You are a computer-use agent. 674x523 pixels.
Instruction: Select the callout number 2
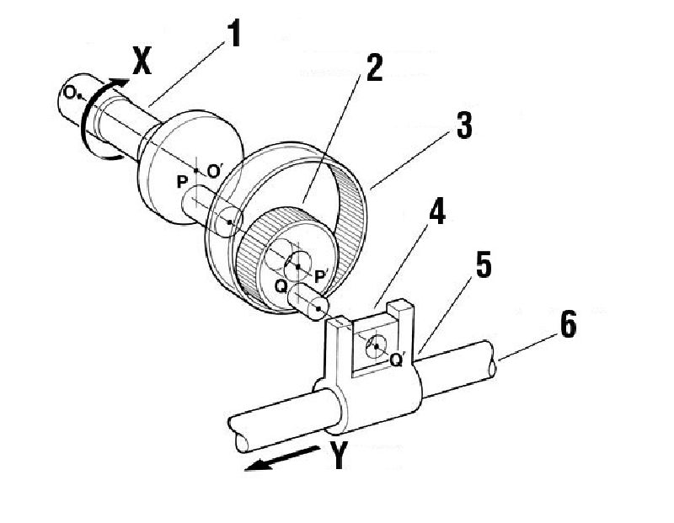pyautogui.click(x=374, y=67)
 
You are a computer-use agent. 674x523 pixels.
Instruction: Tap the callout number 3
pyautogui.click(x=464, y=125)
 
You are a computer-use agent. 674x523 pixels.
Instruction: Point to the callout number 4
pyautogui.click(x=436, y=211)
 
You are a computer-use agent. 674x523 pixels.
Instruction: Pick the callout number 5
pyautogui.click(x=484, y=265)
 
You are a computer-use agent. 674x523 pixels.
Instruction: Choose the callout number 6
pyautogui.click(x=568, y=324)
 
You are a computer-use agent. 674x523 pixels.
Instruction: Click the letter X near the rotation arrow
pyautogui.click(x=142, y=61)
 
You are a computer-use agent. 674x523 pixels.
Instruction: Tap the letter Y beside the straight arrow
pyautogui.click(x=339, y=455)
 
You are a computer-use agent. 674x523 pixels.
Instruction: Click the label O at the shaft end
pyautogui.click(x=69, y=93)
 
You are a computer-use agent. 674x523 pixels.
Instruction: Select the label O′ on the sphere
pyautogui.click(x=214, y=172)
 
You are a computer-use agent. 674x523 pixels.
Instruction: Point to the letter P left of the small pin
pyautogui.click(x=182, y=182)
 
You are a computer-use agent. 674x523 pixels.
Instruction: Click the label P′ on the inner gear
pyautogui.click(x=321, y=277)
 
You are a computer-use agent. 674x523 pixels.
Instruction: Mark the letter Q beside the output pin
pyautogui.click(x=281, y=286)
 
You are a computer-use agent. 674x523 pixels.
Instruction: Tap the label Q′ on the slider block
pyautogui.click(x=396, y=360)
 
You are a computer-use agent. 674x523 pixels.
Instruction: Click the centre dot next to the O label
pyautogui.click(x=78, y=96)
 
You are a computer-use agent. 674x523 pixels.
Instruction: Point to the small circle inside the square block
pyautogui.click(x=376, y=346)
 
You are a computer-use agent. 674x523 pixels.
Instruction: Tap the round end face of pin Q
pyautogui.click(x=318, y=308)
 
